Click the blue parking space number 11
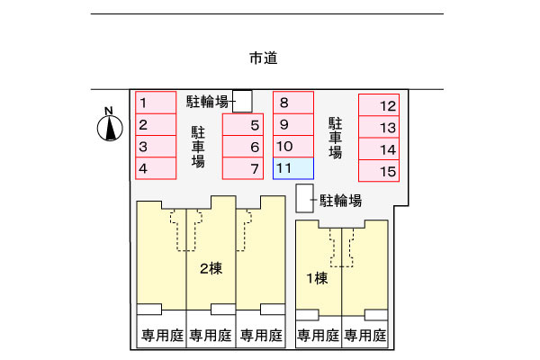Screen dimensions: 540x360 (293, 168)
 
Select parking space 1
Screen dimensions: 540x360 (156, 103)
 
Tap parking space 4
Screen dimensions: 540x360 (156, 168)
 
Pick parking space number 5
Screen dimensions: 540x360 (243, 124)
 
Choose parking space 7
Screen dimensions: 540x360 (243, 168)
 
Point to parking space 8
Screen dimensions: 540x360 (293, 103)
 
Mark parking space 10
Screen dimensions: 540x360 (293, 147)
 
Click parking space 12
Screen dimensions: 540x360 (379, 104)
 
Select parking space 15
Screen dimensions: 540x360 (379, 170)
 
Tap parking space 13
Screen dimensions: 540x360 (379, 127)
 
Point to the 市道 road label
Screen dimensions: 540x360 (264, 58)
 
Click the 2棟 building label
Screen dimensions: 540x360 (211, 268)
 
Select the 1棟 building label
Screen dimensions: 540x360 (317, 278)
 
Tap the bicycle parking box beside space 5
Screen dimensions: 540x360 (242, 102)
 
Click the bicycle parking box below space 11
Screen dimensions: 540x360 (305, 198)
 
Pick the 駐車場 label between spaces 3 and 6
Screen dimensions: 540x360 (198, 147)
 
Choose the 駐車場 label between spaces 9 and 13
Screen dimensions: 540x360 (336, 138)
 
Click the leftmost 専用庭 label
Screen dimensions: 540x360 (163, 335)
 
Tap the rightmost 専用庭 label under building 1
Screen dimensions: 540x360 (365, 335)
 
